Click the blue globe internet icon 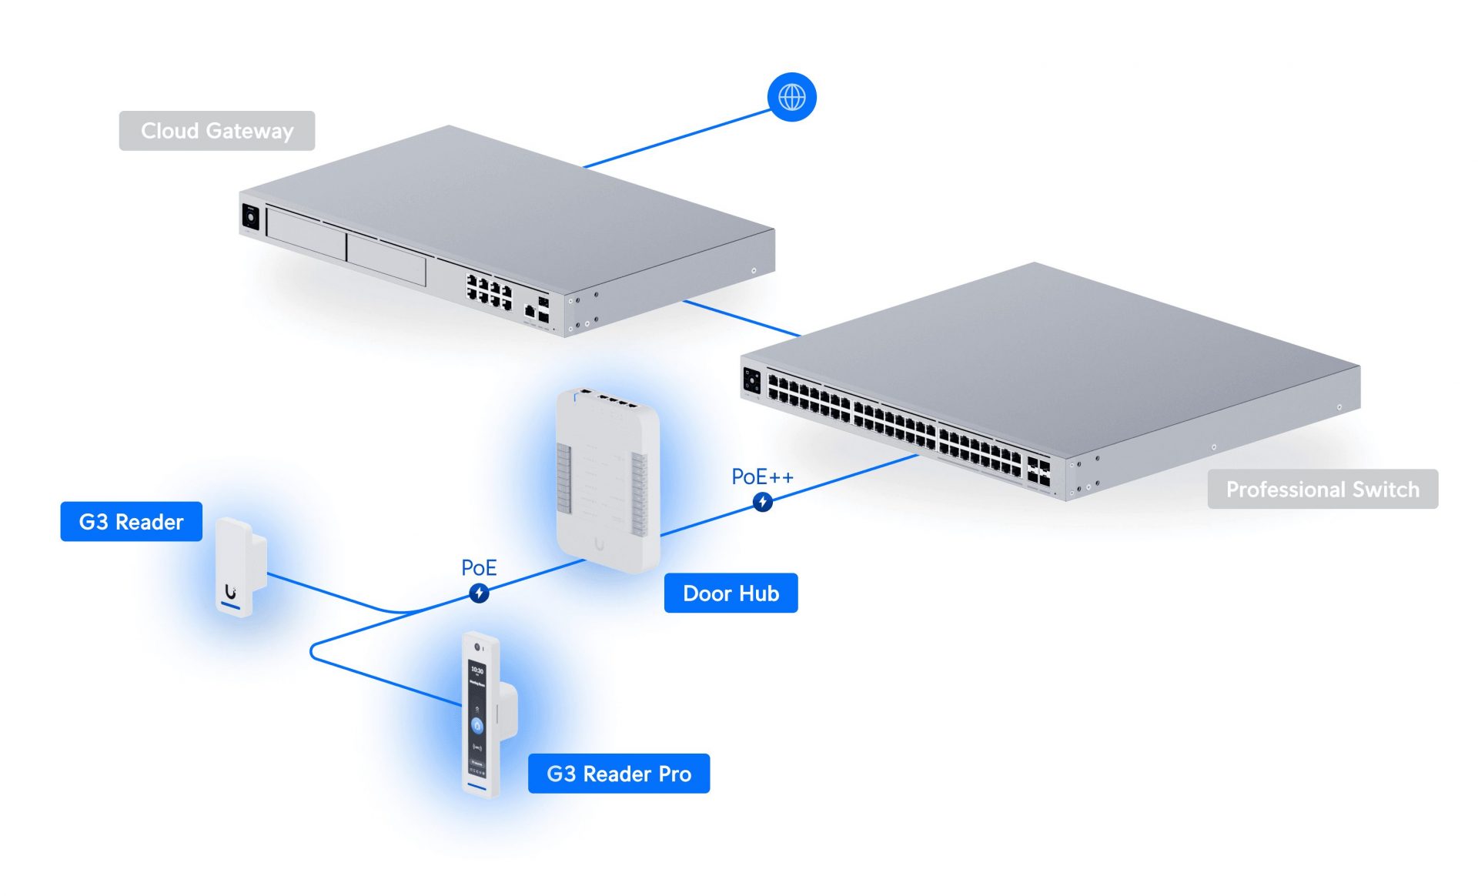(791, 97)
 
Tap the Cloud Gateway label (217, 131)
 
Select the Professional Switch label (1323, 490)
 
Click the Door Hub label (731, 593)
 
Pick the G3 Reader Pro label (619, 774)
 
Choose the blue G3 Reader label (132, 522)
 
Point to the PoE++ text (762, 477)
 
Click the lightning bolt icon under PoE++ (763, 503)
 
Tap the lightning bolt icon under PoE (479, 593)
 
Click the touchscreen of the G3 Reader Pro (477, 716)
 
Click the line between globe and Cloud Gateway (677, 139)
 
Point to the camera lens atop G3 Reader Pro (477, 647)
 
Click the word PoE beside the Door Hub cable (479, 568)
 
